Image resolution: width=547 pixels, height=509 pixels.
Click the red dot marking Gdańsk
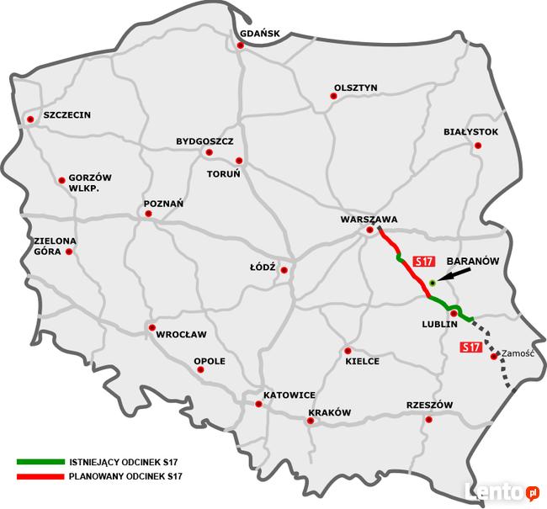click(x=241, y=45)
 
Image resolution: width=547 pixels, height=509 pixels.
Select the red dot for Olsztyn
click(x=334, y=98)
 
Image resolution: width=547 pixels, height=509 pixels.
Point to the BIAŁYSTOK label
click(x=471, y=132)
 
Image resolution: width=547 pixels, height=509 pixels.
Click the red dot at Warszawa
click(x=369, y=230)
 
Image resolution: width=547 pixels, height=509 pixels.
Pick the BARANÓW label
click(x=473, y=262)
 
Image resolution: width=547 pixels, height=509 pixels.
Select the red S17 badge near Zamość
click(x=471, y=347)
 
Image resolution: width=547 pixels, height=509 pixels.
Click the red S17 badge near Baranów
click(x=426, y=262)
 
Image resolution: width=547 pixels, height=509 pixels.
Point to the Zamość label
click(x=518, y=353)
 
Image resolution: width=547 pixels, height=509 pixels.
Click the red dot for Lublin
click(x=454, y=314)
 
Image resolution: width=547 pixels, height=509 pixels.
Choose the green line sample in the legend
click(x=40, y=462)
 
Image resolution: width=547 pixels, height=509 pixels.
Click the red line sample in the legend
click(x=40, y=477)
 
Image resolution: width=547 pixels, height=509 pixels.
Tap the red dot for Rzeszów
click(x=428, y=419)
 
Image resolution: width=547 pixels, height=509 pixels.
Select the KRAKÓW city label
click(x=329, y=413)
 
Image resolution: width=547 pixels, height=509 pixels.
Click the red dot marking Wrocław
click(x=152, y=327)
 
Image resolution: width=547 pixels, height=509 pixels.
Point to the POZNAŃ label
click(x=164, y=204)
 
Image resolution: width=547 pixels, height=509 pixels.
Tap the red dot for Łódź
click(x=284, y=270)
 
